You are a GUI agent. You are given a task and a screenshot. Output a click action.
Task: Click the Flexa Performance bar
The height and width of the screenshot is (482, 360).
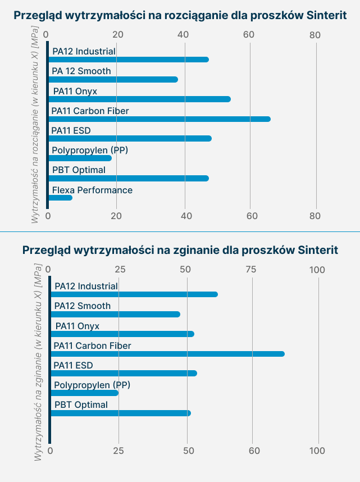pos(60,198)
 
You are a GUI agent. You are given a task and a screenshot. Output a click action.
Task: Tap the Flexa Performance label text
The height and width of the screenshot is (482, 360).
pos(92,190)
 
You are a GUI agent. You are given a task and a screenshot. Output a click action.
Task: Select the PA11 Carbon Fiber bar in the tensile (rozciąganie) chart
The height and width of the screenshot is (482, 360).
pos(160,119)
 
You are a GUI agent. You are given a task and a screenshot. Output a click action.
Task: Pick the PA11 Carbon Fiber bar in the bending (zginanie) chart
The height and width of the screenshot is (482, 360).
pos(167,354)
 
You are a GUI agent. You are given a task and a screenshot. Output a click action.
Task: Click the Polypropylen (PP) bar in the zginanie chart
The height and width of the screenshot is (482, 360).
pos(84,393)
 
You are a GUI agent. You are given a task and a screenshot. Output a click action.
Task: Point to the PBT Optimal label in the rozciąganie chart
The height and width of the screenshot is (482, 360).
pos(79,170)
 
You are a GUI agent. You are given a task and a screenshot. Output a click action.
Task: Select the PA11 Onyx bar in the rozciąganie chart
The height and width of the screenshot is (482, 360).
pos(139,99)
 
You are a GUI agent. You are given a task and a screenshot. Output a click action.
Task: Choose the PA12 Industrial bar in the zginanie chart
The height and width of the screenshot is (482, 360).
pos(134,294)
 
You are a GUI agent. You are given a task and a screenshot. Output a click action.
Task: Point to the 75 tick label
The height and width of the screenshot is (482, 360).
pos(252,270)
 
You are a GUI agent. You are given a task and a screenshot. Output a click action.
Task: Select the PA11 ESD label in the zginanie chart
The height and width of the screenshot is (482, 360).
pos(73,366)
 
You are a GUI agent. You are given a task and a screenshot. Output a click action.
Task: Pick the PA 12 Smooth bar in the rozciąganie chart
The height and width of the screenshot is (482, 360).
pos(113,79)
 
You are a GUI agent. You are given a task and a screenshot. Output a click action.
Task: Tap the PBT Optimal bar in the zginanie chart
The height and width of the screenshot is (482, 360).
pos(121,413)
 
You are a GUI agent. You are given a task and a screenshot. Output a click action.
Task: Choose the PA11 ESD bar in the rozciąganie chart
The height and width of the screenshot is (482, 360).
pos(130,139)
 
